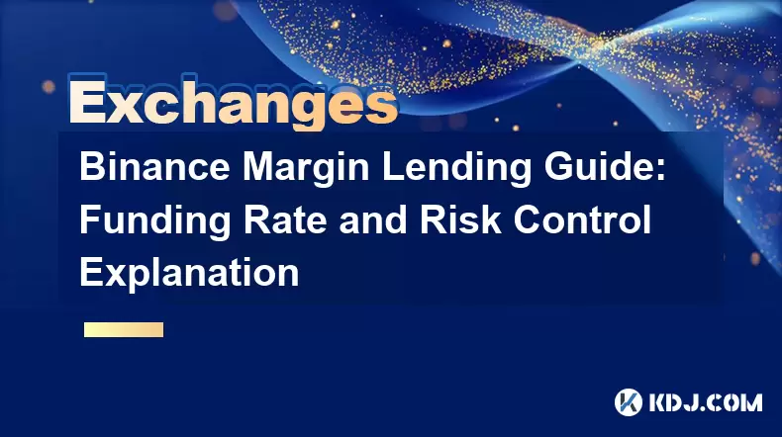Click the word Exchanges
click(233, 103)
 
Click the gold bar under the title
click(124, 330)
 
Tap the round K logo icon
click(629, 402)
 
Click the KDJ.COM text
click(705, 402)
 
